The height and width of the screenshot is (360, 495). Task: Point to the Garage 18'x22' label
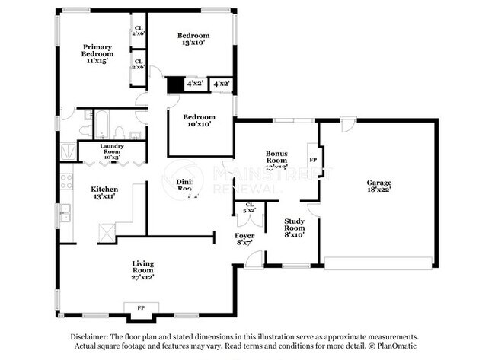pos(378,186)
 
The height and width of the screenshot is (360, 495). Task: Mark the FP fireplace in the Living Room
pos(141,307)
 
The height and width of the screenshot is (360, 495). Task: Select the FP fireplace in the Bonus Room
pos(313,161)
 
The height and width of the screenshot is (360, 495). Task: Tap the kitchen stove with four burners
pos(66,182)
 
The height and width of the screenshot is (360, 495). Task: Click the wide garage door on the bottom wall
pos(378,263)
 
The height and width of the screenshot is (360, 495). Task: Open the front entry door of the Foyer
pos(254,260)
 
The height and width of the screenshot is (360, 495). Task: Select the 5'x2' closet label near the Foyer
pos(249,208)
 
